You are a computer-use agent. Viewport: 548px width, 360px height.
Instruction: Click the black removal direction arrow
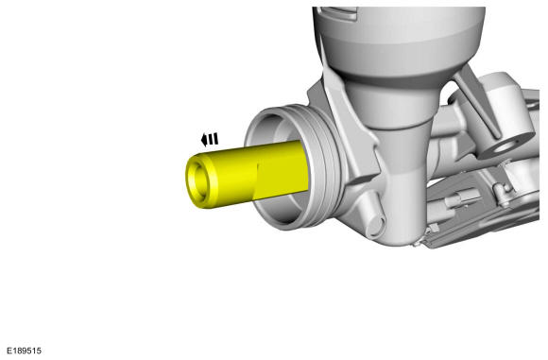coord(210,140)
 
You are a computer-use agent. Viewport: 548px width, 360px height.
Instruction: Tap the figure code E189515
coord(25,351)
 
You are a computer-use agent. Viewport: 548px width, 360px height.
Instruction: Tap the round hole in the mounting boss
coord(504,147)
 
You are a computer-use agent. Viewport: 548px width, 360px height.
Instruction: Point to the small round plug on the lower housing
coord(375,226)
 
